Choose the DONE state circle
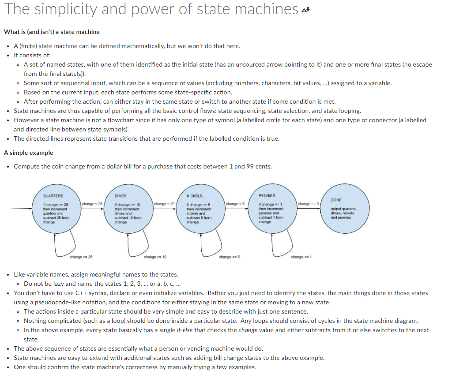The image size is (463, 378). tap(345, 210)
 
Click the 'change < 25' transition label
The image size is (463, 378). tap(92, 204)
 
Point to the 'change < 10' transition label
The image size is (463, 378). tap(165, 204)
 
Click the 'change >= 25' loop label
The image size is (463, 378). tap(81, 257)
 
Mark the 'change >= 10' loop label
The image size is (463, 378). tap(155, 257)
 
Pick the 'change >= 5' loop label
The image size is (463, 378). tap(229, 257)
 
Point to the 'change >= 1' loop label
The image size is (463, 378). tap(301, 257)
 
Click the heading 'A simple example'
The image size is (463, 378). tap(28, 153)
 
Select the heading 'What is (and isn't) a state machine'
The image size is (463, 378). tap(52, 32)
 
